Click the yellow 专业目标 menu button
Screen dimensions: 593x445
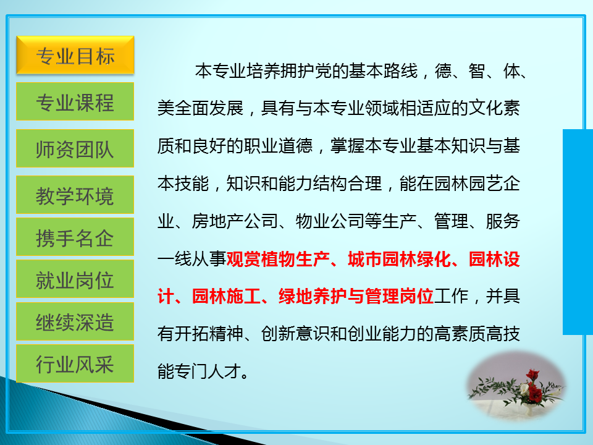(75, 55)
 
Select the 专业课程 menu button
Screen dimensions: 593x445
(75, 101)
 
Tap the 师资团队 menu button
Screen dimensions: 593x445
(75, 148)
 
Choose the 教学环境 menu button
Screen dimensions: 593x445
(75, 195)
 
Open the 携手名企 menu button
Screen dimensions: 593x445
(75, 237)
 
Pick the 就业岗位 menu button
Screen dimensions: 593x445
(75, 279)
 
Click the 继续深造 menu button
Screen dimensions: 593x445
(75, 321)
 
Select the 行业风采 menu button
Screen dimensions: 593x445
(75, 363)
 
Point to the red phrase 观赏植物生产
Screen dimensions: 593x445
(278, 259)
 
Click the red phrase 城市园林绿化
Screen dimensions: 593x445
(400, 259)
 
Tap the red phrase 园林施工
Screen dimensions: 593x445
(226, 296)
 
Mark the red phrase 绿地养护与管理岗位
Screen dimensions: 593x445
(356, 296)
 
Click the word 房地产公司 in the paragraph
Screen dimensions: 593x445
(235, 221)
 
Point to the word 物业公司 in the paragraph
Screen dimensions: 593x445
(330, 221)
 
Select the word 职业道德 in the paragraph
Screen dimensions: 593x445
(279, 146)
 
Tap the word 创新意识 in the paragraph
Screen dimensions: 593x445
(295, 334)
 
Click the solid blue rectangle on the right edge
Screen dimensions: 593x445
(578, 232)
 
